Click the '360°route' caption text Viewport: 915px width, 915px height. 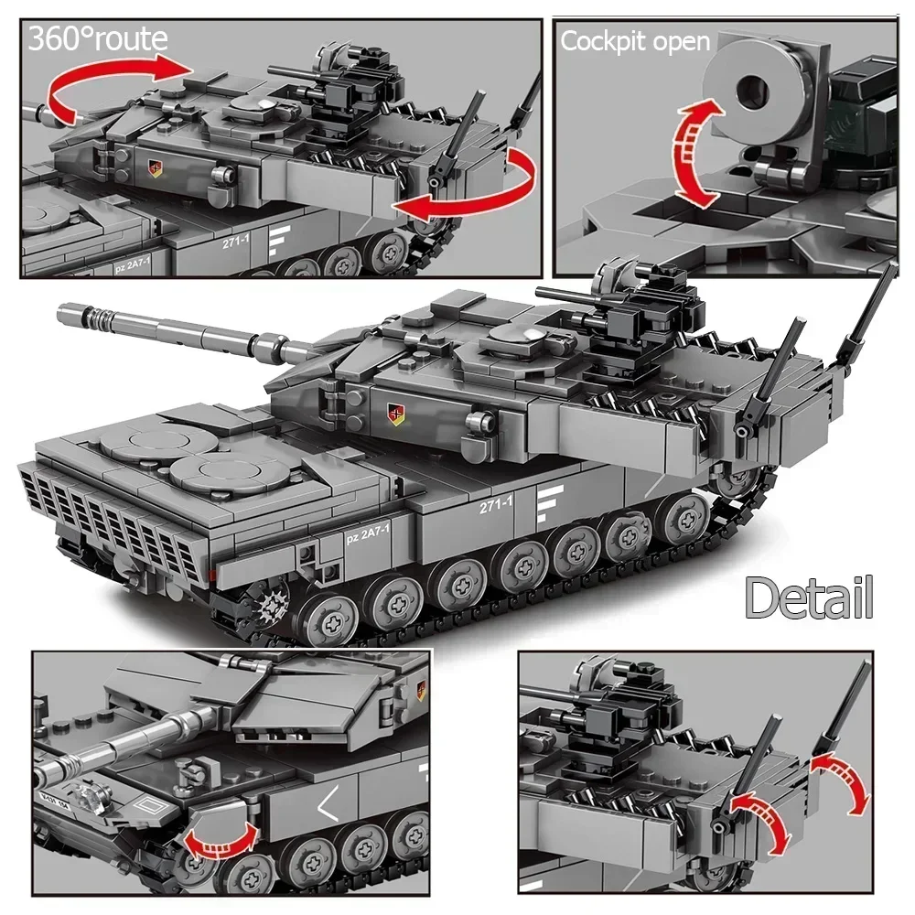(x=98, y=39)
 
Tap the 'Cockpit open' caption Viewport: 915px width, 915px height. (x=634, y=41)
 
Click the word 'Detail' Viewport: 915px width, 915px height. (x=809, y=597)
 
